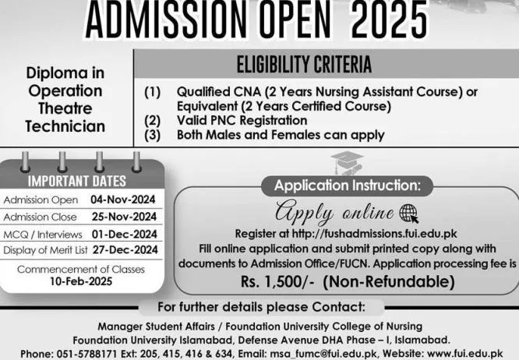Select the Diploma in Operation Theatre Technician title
tap(65, 100)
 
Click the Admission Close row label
tap(41, 217)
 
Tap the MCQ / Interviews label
tap(43, 234)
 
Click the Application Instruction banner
tap(347, 185)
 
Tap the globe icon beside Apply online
tap(408, 212)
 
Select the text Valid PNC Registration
tap(242, 121)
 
